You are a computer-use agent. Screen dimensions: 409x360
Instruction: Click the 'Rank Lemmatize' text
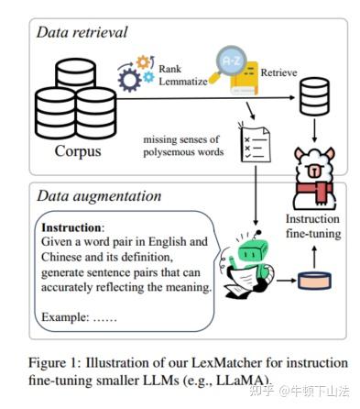click(x=181, y=77)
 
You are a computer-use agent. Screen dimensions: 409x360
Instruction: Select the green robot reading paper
click(x=248, y=260)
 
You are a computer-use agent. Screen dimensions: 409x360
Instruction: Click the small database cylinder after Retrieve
click(x=314, y=93)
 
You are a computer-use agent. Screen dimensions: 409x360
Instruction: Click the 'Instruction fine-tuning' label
click(x=313, y=226)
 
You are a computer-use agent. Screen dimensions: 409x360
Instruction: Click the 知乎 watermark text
click(x=261, y=391)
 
